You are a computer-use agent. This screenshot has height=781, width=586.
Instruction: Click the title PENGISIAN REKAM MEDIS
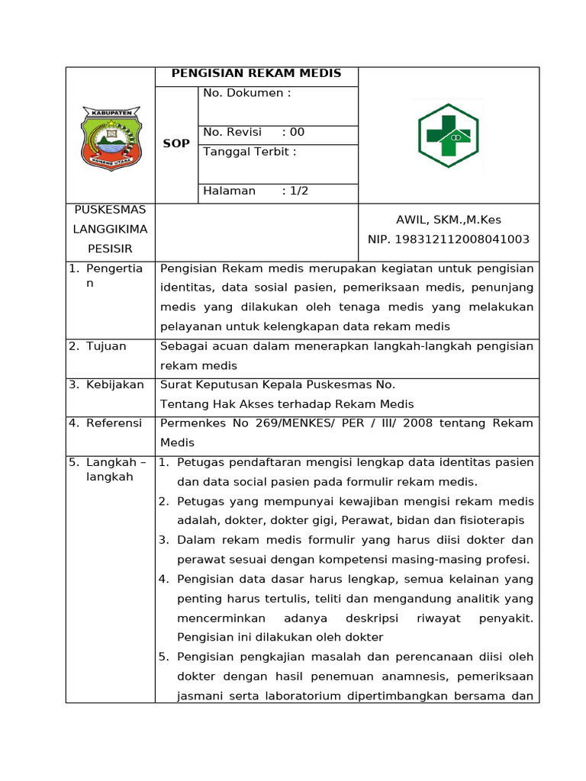coord(256,73)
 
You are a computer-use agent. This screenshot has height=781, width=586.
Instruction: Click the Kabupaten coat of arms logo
coord(111,137)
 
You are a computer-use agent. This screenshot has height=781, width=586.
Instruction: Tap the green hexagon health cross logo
coord(448,136)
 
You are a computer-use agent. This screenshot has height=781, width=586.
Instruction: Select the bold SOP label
coord(176,143)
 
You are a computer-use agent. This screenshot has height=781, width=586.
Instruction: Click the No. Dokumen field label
coord(247,93)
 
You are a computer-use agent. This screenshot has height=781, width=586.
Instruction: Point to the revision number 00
coord(297,132)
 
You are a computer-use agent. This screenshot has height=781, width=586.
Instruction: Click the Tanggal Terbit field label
coord(250,152)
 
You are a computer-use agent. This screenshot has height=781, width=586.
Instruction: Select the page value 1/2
coord(298,191)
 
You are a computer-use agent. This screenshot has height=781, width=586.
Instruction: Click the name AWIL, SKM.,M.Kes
coord(448,220)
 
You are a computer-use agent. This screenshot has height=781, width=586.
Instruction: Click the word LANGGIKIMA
coord(110,229)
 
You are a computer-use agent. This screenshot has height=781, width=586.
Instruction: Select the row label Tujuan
coord(106,346)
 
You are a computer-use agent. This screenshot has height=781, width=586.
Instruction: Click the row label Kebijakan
coord(114,385)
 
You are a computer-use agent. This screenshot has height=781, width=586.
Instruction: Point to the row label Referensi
coord(114,423)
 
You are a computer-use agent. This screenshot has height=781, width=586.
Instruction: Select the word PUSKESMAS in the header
coord(110,209)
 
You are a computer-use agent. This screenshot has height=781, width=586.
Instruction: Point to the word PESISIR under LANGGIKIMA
coord(110,249)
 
